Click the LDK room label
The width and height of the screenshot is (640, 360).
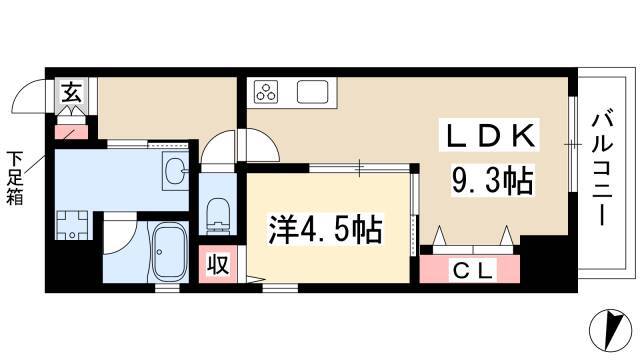490,136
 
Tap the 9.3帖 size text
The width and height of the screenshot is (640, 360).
492,180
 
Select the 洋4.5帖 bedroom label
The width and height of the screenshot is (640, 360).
325,229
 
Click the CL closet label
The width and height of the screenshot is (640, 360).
474,270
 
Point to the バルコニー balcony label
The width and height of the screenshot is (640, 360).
602,169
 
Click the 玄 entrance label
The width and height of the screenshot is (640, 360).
72,92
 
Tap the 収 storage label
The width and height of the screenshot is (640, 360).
217,264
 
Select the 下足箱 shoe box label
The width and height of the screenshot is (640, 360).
15,178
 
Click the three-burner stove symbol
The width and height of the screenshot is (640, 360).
266,92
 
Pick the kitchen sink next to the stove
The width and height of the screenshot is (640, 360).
313,92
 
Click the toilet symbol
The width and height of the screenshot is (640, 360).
218,216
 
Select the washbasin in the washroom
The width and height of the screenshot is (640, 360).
176,171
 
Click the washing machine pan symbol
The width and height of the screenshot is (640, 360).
72,225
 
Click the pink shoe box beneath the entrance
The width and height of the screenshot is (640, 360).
71,132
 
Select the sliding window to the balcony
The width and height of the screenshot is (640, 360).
573,144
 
